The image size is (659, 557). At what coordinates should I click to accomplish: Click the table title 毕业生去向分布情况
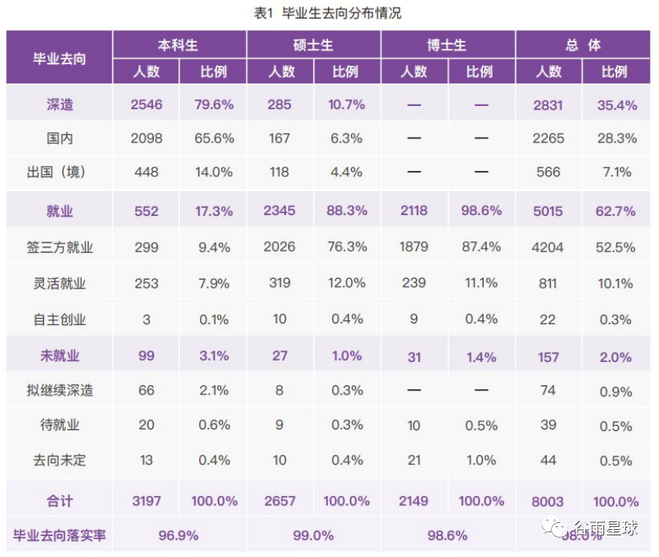[341, 13]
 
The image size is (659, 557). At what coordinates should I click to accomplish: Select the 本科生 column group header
[178, 45]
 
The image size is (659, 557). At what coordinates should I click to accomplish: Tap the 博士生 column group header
[447, 45]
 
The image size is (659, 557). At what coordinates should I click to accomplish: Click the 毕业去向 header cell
[59, 59]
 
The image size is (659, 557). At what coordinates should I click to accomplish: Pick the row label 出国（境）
[56, 172]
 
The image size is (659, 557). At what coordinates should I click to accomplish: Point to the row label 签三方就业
[59, 248]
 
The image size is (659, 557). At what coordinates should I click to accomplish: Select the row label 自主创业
[59, 320]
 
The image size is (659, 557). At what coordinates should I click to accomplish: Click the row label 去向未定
[59, 460]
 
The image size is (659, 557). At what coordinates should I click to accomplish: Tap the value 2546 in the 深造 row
[146, 104]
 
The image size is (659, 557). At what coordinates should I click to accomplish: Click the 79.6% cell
[214, 104]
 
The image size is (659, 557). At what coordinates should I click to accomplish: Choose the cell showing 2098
[146, 138]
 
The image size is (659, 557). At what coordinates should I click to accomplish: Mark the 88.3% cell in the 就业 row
[347, 210]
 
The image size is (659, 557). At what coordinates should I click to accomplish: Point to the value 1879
[413, 247]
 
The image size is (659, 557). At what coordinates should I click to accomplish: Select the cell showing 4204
[548, 248]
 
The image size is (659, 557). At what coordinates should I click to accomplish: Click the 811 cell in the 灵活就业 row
[548, 284]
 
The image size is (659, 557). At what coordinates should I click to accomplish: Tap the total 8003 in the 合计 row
[548, 501]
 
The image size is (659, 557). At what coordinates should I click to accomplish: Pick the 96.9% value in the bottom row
[178, 535]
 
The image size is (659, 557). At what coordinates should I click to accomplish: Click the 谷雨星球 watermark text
[606, 528]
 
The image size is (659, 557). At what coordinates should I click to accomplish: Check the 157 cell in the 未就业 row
[548, 357]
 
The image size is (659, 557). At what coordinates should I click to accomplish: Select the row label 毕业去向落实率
[59, 535]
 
